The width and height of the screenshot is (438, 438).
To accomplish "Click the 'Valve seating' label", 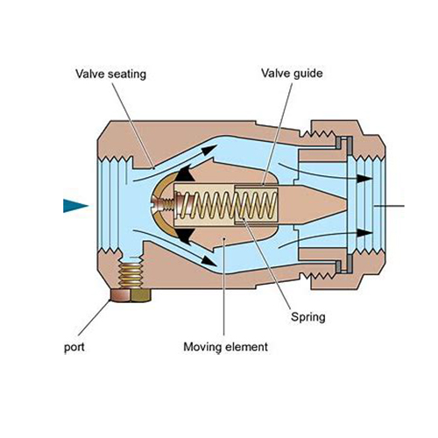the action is [110, 74].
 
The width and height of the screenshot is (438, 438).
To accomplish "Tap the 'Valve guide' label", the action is [292, 74].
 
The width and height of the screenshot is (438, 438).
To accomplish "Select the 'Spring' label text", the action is [308, 317].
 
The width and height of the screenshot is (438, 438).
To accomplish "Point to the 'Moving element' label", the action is [225, 347].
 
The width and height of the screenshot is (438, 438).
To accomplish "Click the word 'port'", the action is [74, 348].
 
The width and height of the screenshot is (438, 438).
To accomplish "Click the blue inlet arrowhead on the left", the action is [75, 206].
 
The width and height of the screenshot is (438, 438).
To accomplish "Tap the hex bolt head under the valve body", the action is [131, 295].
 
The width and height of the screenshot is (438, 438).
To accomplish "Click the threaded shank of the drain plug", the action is [131, 275].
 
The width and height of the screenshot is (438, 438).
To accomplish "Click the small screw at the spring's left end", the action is [164, 204].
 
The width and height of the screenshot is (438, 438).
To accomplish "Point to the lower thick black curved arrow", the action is [185, 236].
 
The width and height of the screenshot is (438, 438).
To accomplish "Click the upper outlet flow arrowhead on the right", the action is [364, 178].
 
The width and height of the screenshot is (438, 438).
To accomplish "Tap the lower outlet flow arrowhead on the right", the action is [364, 233].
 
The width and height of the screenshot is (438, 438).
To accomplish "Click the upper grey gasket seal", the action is [344, 143].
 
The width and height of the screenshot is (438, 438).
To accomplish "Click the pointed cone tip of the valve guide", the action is [347, 205].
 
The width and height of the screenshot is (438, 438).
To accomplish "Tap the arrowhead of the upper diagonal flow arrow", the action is [208, 150].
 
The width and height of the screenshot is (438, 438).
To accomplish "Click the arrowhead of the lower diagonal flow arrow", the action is [208, 260].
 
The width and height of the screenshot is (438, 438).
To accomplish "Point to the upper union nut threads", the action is [318, 134].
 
